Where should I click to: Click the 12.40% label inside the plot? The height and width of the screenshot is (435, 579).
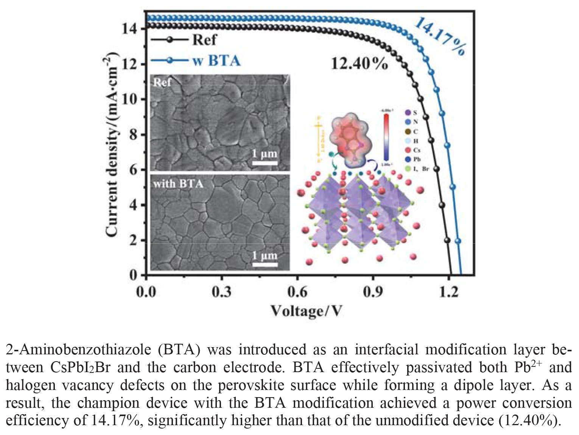coord(359,64)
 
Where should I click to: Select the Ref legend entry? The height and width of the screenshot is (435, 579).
coord(204,39)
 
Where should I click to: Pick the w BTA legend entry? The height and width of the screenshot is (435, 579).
coord(216,61)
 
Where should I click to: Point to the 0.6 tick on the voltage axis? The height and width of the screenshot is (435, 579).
coord(297,292)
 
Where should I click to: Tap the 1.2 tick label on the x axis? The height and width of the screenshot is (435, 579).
coord(449,292)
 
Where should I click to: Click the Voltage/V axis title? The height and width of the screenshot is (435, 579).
coord(306,311)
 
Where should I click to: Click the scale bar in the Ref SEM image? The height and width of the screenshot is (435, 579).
coord(265,163)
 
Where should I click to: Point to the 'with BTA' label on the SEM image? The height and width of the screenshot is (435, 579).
coord(178,184)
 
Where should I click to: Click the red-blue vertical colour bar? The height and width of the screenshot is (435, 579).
coord(386,137)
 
